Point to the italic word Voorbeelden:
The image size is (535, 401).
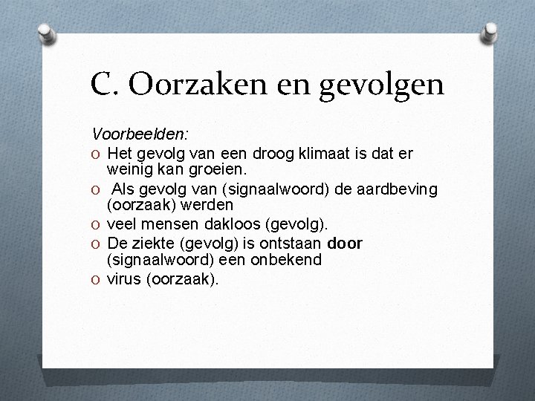[140, 134]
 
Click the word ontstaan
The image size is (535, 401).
[292, 244]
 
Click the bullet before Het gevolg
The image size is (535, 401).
[97, 154]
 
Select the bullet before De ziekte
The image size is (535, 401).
[97, 244]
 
